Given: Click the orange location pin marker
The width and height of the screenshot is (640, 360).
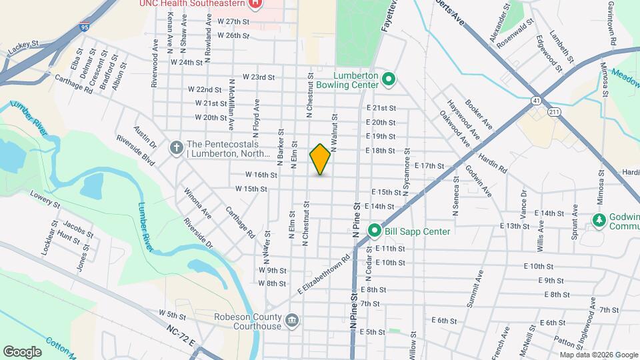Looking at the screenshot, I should (320, 159).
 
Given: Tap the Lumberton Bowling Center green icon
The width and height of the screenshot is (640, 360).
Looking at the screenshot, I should (390, 81).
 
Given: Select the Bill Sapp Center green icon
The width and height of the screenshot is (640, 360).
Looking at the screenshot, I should (375, 231).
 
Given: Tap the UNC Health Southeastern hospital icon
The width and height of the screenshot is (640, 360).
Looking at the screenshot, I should (254, 4).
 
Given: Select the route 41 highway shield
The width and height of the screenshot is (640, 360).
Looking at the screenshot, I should (536, 101).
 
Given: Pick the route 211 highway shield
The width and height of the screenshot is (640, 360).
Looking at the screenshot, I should (554, 112).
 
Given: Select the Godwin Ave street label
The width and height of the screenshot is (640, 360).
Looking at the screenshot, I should (479, 181).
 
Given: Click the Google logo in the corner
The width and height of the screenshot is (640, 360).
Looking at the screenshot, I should (23, 351).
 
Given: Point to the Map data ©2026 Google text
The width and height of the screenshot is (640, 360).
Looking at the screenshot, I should (599, 355).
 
